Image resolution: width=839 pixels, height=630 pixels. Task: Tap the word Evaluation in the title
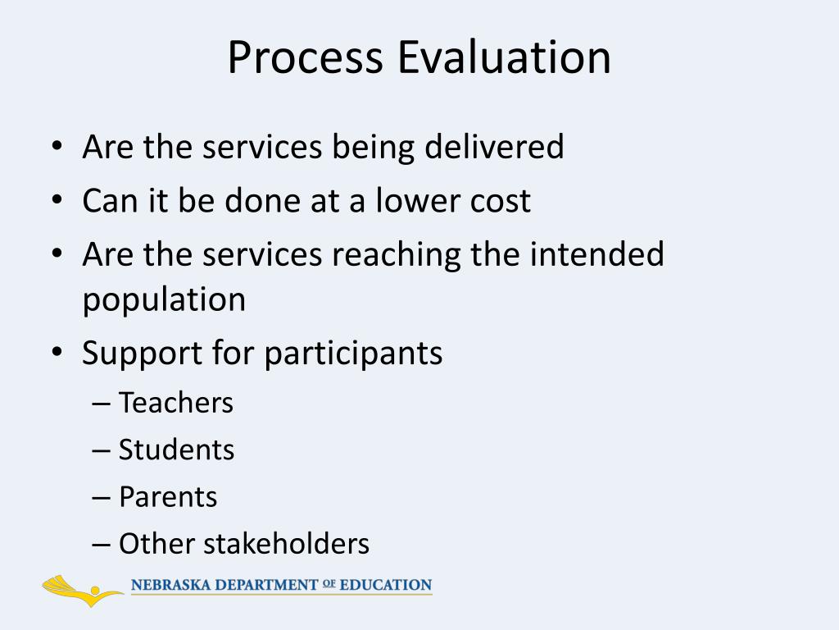[505, 58]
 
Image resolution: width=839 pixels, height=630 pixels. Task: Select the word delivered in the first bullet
[497, 147]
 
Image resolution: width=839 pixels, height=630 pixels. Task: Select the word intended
[596, 254]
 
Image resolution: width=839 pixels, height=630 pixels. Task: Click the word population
[164, 300]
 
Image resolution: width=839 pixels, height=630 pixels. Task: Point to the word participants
[353, 354]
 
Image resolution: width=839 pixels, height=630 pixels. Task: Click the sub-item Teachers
[176, 403]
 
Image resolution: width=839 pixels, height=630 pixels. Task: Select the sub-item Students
[176, 450]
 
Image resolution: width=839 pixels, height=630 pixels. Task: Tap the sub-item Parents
[168, 497]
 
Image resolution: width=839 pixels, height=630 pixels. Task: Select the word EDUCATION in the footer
[385, 586]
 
